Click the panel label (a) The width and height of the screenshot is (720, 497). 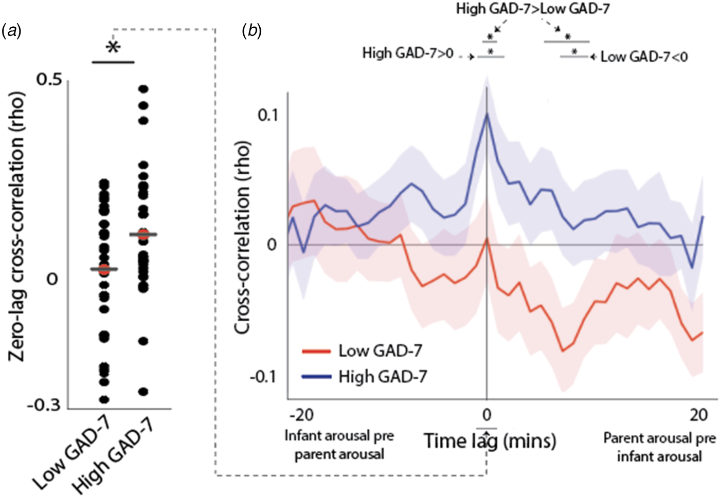coord(11,32)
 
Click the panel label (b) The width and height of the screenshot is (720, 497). coord(251,32)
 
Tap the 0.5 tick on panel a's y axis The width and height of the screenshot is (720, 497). coord(49,80)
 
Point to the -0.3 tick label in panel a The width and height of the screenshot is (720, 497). coord(44,406)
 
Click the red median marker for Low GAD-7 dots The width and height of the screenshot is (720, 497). coord(104,269)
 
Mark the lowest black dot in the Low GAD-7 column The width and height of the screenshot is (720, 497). coord(104,399)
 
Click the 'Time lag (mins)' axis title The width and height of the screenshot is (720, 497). coord(490,441)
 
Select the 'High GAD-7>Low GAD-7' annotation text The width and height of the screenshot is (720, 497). coord(533,9)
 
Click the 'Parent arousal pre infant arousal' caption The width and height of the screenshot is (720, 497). coord(659,447)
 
